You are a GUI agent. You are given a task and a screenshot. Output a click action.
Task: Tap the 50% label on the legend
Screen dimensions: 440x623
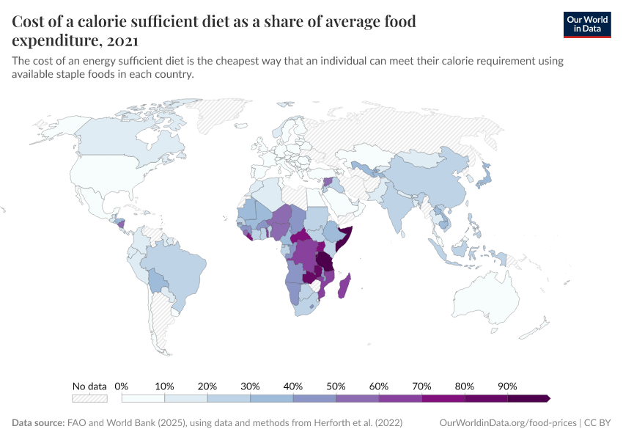(336, 386)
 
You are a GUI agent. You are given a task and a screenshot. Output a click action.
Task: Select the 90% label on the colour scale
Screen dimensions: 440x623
(507, 386)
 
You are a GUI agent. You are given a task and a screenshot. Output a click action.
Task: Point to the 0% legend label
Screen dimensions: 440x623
(122, 386)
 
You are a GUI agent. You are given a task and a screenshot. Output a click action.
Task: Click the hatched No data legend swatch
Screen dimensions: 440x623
(89, 398)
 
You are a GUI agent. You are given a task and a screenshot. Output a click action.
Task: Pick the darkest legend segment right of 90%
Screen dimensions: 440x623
(528, 398)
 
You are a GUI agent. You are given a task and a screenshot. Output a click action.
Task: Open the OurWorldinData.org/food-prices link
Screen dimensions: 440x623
(508, 423)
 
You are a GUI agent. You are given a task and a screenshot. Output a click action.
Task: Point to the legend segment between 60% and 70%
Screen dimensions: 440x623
(400, 398)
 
